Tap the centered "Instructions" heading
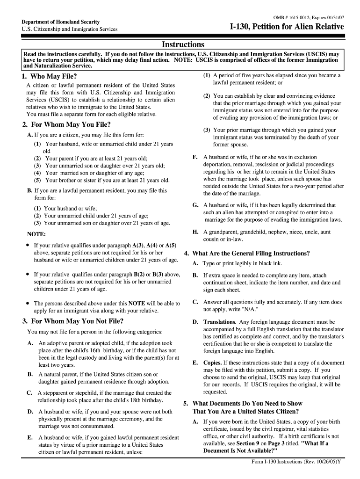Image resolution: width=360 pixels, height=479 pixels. coord(183,44)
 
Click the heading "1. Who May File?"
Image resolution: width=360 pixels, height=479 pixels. coord(49,76)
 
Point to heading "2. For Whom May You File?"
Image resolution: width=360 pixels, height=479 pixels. coord(66,124)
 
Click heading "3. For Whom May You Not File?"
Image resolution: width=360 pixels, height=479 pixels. coord(72,321)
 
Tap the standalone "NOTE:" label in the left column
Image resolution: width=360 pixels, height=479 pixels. coord(36,234)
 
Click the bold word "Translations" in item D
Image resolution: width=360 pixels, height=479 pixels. coord(219,322)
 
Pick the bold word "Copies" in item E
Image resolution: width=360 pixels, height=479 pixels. coord(212,363)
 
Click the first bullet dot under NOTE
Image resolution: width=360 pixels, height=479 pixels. coord(28,245)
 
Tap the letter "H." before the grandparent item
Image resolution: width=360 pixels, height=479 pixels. coord(196,232)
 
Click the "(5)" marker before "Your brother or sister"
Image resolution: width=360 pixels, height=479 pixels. coord(37,180)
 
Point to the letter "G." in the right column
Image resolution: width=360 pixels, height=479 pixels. coord(196,205)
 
